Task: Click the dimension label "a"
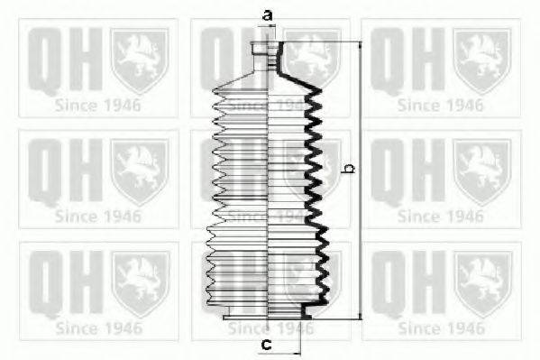[x=268, y=15]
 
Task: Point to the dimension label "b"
[x=350, y=169]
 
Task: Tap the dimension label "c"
[x=267, y=344]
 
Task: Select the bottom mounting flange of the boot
[x=268, y=317]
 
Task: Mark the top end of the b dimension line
[x=361, y=42]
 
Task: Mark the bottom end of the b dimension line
[x=361, y=319]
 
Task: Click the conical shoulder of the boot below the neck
[x=267, y=79]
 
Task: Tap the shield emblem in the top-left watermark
[x=140, y=60]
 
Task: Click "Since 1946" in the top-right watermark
[x=441, y=106]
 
